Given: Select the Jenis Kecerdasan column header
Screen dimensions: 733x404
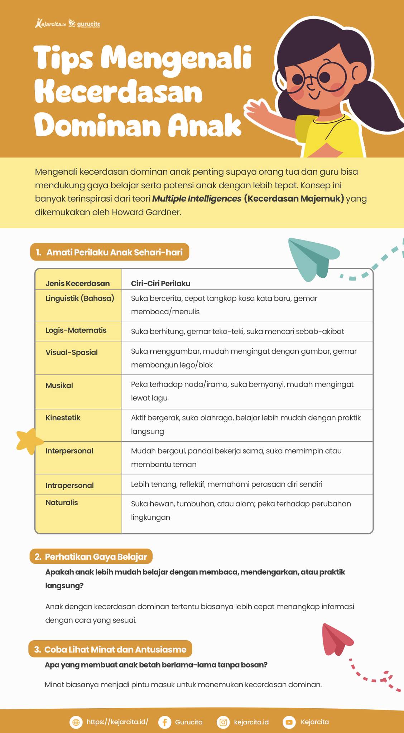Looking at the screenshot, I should (78, 283).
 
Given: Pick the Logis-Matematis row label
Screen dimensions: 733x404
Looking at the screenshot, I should (76, 330).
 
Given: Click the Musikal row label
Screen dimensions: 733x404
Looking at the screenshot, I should (59, 385).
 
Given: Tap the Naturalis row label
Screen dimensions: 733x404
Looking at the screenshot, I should (62, 503).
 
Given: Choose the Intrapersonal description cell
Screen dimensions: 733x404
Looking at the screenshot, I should (226, 484).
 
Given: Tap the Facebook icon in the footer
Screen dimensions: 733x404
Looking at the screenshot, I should (164, 722).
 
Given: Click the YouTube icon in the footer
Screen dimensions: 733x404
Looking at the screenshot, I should (289, 722).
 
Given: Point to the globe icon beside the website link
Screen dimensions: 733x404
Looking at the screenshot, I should (76, 722).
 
